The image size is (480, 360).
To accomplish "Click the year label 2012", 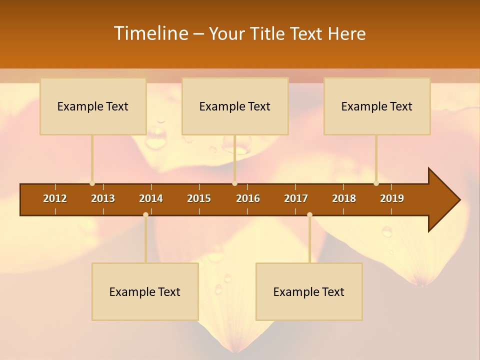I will [55, 198].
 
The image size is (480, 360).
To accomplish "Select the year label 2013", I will [103, 198].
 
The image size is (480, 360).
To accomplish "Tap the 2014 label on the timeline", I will [151, 198].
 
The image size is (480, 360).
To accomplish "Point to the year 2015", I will [199, 198].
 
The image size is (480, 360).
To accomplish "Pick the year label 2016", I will [248, 198].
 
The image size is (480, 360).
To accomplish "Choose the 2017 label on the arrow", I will [296, 198].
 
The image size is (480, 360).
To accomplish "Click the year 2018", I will [344, 198].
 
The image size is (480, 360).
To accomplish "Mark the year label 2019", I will [392, 198].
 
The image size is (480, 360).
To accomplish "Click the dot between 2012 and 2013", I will [92, 183].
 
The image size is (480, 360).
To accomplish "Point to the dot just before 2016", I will [234, 183].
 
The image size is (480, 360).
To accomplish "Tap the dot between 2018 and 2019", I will [376, 183].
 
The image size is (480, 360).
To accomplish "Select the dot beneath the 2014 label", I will [145, 215].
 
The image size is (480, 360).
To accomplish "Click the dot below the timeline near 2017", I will [309, 215].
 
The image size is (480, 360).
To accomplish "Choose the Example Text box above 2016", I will [235, 106].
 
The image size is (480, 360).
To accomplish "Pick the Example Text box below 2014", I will [145, 291].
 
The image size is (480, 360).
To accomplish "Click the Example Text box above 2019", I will [377, 106].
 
